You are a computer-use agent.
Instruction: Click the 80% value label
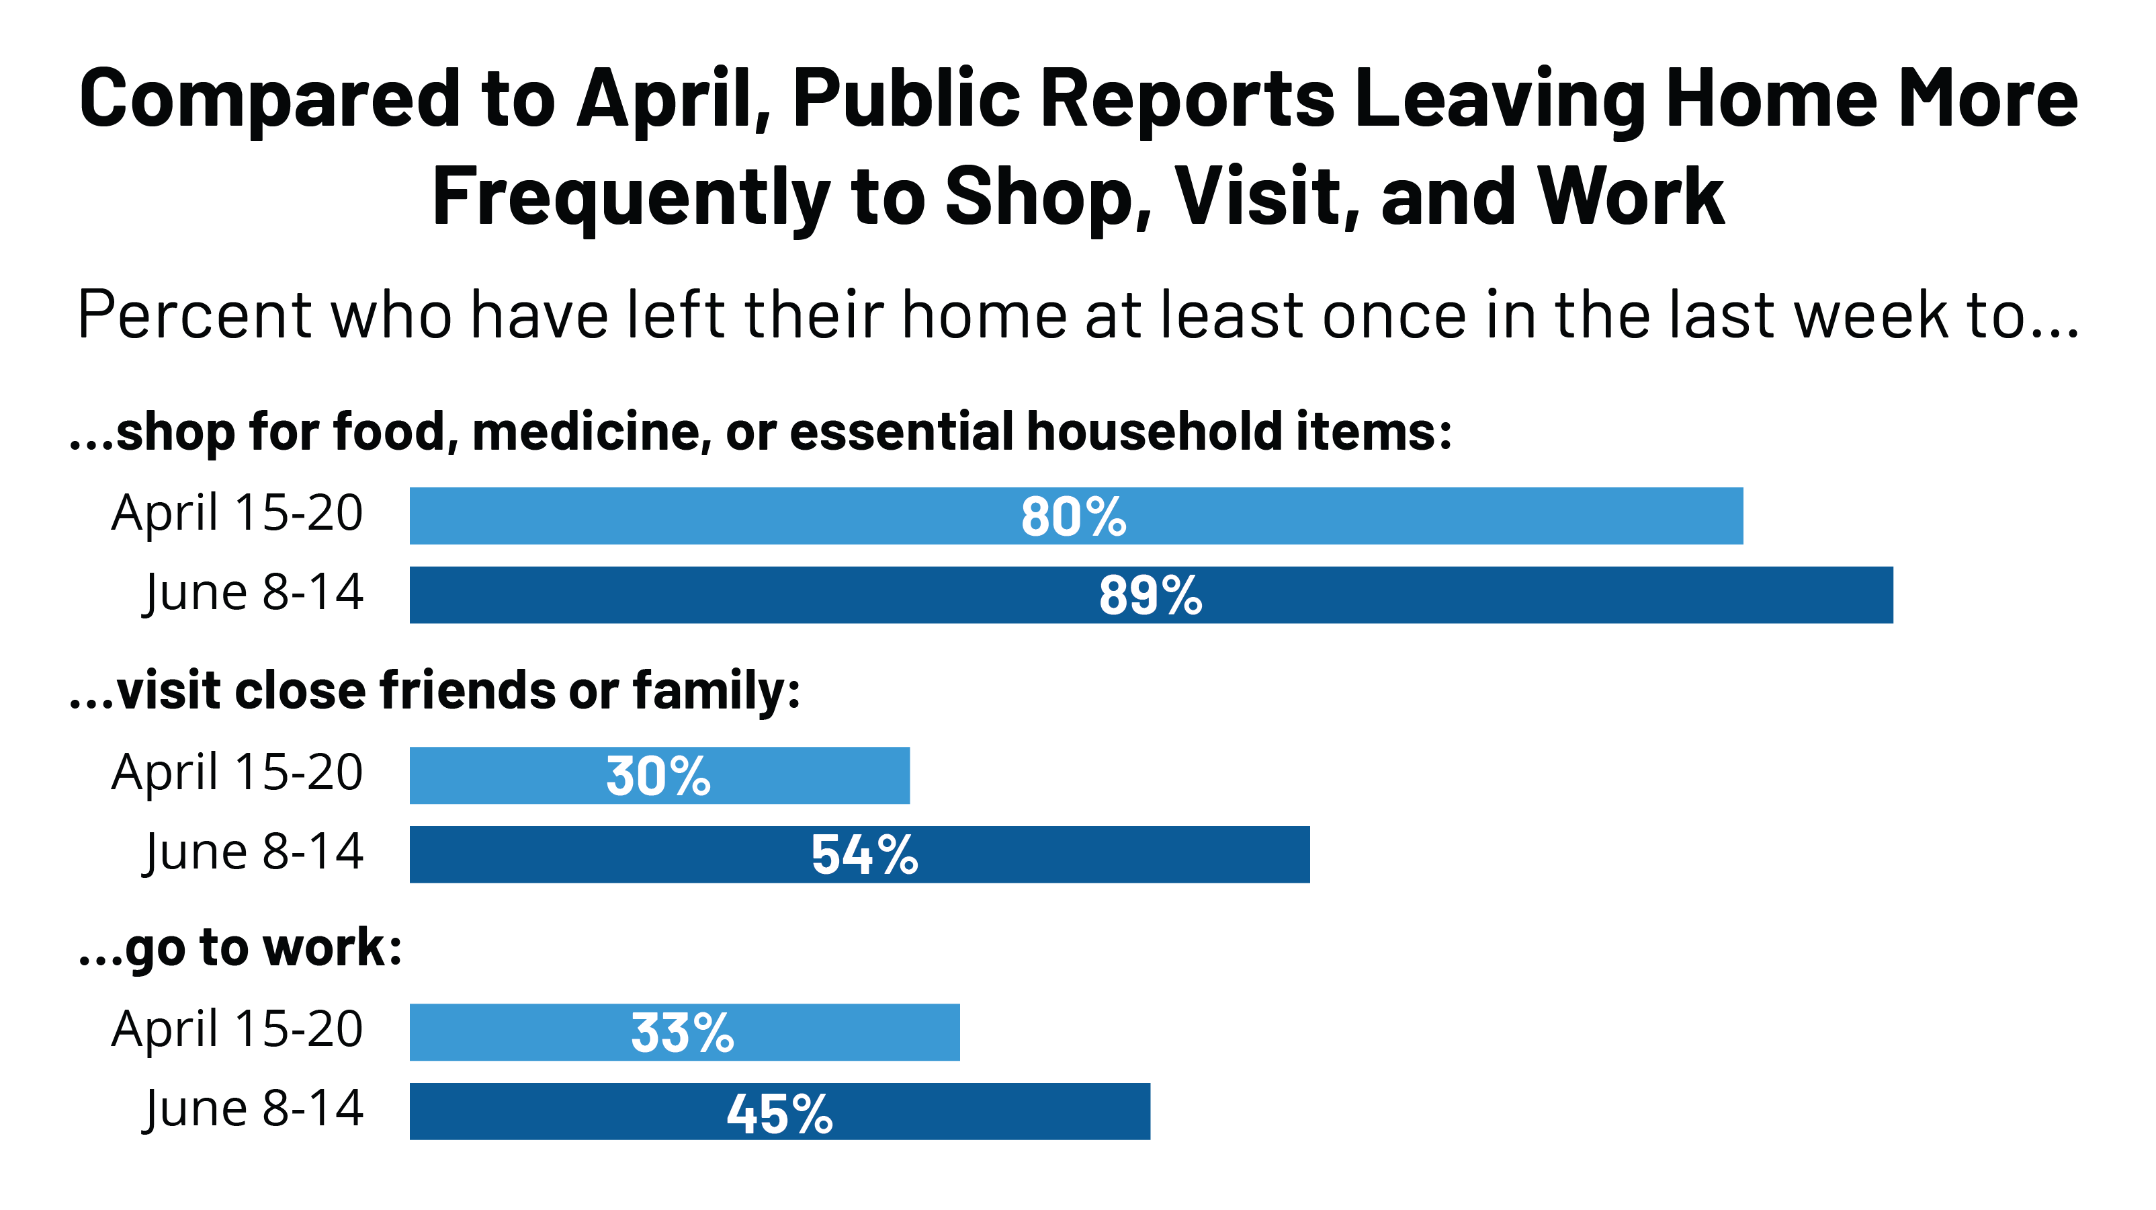pyautogui.click(x=1073, y=517)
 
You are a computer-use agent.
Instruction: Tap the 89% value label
pyautogui.click(x=1150, y=596)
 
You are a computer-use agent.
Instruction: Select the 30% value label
pyautogui.click(x=658, y=776)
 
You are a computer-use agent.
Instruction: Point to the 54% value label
pyautogui.click(x=864, y=855)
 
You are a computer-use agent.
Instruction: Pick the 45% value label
pyautogui.click(x=779, y=1114)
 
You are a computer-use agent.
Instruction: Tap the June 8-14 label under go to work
pyautogui.click(x=253, y=1108)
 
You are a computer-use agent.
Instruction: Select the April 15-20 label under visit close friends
pyautogui.click(x=238, y=772)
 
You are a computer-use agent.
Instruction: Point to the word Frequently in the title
pyautogui.click(x=630, y=198)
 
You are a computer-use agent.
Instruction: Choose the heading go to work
pyautogui.click(x=241, y=949)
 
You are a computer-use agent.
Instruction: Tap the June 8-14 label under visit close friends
pyautogui.click(x=253, y=852)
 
